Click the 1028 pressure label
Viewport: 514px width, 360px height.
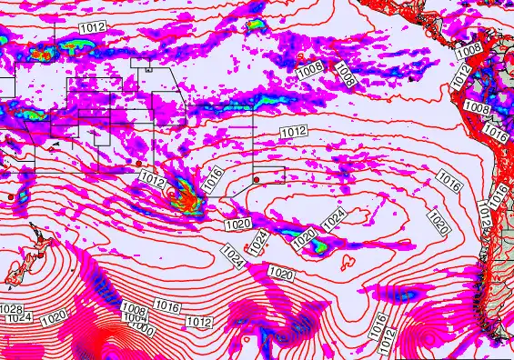tap(11, 310)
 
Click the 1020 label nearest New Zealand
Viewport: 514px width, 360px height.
tap(54, 317)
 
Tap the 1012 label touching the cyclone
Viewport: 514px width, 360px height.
tap(153, 182)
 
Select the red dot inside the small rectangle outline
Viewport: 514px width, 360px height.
tap(255, 177)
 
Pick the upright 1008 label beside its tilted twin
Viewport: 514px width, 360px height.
tap(310, 67)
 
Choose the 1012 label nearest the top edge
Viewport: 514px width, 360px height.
tap(92, 28)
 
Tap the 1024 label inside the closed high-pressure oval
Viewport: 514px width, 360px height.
tap(334, 218)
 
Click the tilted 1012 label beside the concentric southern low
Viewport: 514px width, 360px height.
tap(388, 339)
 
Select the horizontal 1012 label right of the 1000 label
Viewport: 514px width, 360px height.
tap(198, 322)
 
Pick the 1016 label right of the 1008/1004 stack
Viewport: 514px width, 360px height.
tap(166, 305)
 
